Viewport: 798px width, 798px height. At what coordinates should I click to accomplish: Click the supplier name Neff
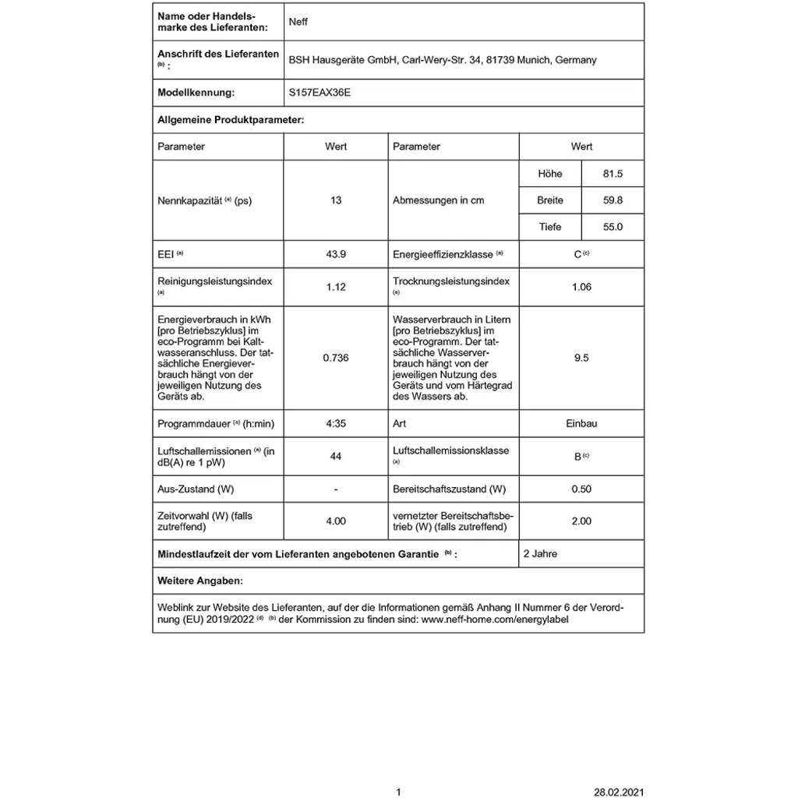point(298,22)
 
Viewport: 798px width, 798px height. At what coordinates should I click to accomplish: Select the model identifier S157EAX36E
point(320,92)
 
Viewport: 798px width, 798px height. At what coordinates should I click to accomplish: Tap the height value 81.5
point(613,174)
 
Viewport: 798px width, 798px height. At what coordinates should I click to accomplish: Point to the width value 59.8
point(613,200)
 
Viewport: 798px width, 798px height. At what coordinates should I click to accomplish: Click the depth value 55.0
point(613,227)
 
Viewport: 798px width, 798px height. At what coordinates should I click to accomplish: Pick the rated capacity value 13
point(336,200)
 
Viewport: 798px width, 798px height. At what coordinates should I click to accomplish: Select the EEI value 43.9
point(336,254)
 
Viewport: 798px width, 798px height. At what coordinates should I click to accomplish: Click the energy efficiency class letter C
point(577,255)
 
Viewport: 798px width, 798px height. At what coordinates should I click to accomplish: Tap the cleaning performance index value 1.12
point(336,287)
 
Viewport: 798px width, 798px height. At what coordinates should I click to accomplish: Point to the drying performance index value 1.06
point(581,287)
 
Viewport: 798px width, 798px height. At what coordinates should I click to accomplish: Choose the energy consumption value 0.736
point(336,358)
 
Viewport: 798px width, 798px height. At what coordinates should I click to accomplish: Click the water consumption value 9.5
point(581,358)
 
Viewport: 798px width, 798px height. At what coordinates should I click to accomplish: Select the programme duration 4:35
point(336,424)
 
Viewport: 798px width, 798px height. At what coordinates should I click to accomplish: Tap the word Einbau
point(581,424)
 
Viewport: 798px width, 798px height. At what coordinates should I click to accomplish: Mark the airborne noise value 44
point(336,457)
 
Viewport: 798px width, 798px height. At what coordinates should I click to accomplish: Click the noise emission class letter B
point(577,457)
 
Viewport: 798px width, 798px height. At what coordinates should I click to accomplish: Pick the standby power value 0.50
point(581,489)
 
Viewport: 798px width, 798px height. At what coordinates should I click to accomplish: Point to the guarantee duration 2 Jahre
point(540,554)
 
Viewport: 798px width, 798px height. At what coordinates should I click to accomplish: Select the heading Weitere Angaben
point(199,581)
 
